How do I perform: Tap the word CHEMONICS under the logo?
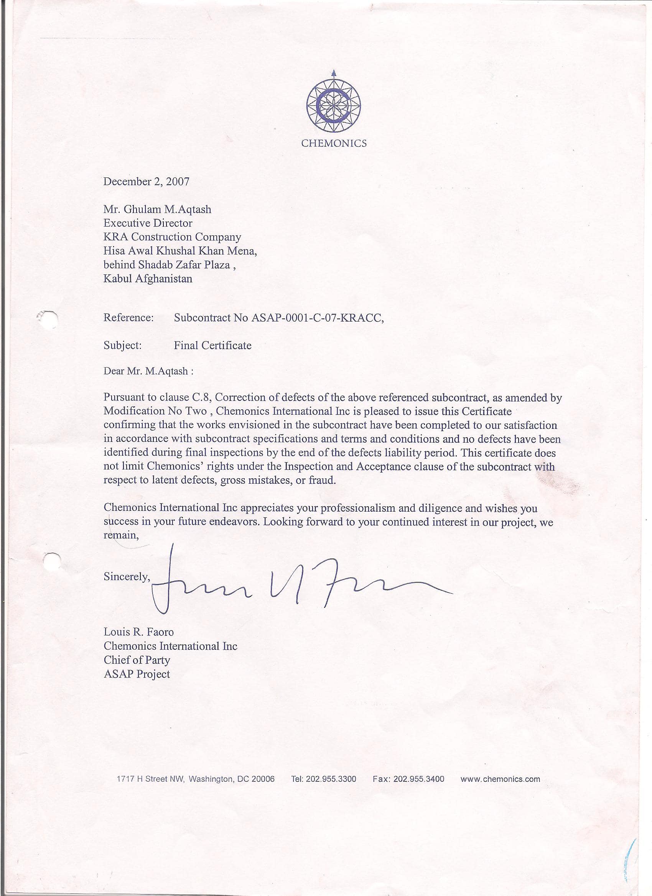[x=334, y=143]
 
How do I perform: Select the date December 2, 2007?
[x=146, y=181]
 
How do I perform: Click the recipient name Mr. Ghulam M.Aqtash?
[x=157, y=209]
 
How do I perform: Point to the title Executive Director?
[x=148, y=223]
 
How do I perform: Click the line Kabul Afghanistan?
[x=148, y=279]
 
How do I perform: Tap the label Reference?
[x=128, y=318]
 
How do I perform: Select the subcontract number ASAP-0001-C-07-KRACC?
[x=317, y=318]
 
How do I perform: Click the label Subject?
[x=123, y=345]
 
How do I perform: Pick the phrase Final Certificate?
[x=213, y=345]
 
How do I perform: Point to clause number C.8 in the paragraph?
[x=203, y=397]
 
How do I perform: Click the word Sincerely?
[x=127, y=576]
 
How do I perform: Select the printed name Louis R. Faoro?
[x=138, y=632]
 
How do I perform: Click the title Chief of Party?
[x=137, y=660]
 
